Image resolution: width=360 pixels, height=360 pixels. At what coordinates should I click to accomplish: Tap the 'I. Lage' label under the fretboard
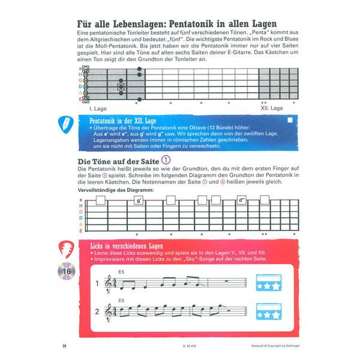click(97, 108)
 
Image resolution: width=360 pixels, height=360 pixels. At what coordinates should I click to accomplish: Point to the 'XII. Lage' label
click(272, 108)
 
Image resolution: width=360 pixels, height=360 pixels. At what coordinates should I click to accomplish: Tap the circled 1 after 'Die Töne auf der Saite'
click(166, 160)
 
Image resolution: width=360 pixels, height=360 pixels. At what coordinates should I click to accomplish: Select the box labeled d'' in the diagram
click(242, 200)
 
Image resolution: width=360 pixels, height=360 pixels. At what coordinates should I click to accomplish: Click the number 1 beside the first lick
click(97, 285)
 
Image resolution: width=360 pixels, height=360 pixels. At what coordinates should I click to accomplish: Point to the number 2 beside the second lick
click(97, 311)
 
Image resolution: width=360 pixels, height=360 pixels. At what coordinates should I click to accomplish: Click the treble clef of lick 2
click(109, 311)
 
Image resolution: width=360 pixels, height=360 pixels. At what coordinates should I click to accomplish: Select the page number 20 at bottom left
click(65, 346)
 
